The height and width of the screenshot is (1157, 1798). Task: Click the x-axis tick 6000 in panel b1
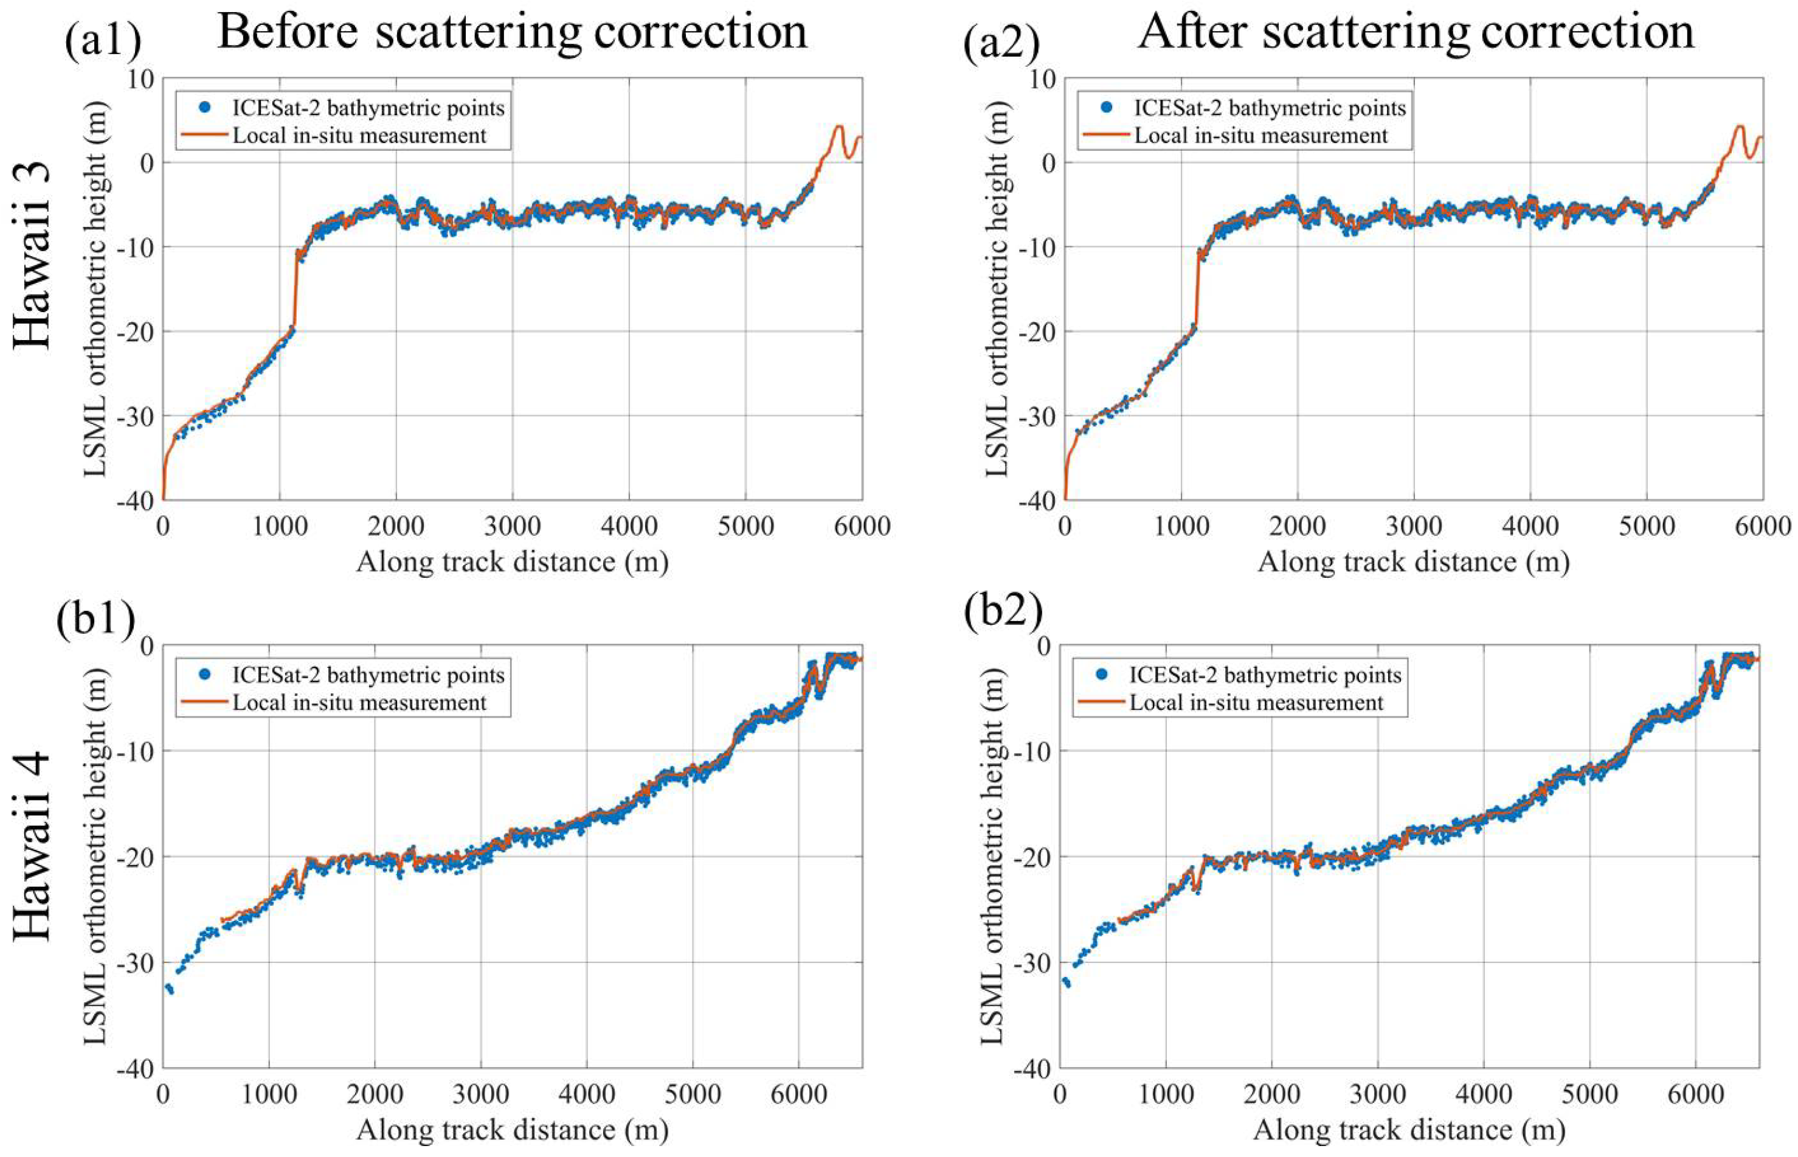coord(798,1093)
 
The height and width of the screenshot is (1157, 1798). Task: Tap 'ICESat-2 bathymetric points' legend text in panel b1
coord(368,675)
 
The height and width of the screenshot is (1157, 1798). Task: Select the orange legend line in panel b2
coord(1099,703)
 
